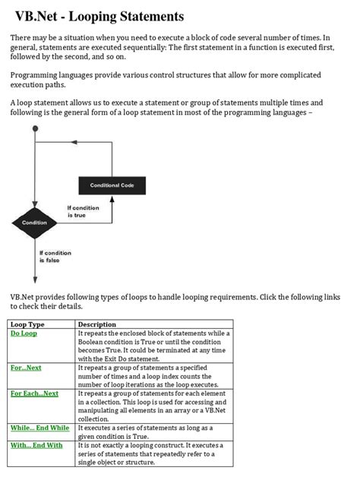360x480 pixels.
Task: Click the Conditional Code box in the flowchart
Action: click(112, 185)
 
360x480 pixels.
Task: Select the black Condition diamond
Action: click(34, 223)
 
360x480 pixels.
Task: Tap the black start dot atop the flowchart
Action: click(34, 130)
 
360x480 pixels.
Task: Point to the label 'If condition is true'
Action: click(83, 211)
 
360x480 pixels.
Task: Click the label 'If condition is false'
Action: click(55, 256)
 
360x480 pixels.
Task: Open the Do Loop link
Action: click(24, 333)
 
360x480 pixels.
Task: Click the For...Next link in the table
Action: click(26, 368)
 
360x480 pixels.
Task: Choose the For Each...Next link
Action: click(34, 393)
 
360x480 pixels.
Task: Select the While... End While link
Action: click(39, 428)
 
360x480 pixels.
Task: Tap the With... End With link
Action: click(36, 445)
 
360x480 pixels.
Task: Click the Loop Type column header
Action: click(27, 324)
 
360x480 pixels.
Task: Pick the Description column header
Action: click(96, 324)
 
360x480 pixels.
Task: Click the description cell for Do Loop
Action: click(154, 346)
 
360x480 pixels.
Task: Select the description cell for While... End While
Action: click(154, 431)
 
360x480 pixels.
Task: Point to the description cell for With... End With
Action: click(154, 453)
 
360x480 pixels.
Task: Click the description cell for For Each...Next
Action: click(154, 406)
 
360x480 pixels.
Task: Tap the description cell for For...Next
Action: click(154, 376)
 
